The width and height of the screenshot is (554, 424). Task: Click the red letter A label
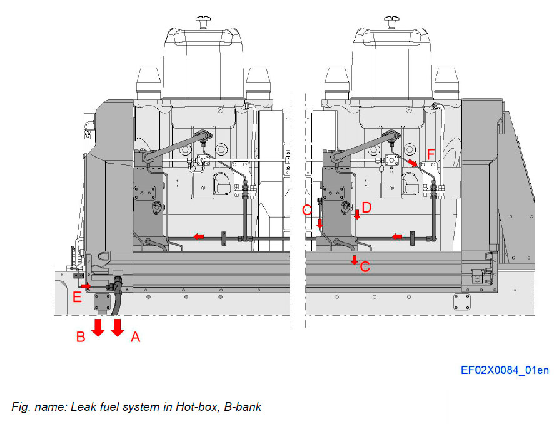click(x=135, y=338)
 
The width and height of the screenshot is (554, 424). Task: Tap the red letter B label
click(x=81, y=338)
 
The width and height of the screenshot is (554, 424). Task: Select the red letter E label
click(x=76, y=297)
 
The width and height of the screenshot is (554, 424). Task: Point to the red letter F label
click(x=430, y=153)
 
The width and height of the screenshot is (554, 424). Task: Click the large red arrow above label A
click(x=118, y=327)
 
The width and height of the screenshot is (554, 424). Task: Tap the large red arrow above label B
click(x=98, y=327)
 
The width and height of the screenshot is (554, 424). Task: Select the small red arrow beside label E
click(x=86, y=286)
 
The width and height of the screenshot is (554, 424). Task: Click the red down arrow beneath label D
click(x=356, y=216)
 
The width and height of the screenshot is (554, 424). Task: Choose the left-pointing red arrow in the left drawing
click(x=198, y=236)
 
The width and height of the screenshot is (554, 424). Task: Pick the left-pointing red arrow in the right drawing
click(x=397, y=236)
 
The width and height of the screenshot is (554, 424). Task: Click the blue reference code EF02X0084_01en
click(x=505, y=370)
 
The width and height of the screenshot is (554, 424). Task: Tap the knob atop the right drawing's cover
click(x=391, y=22)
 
